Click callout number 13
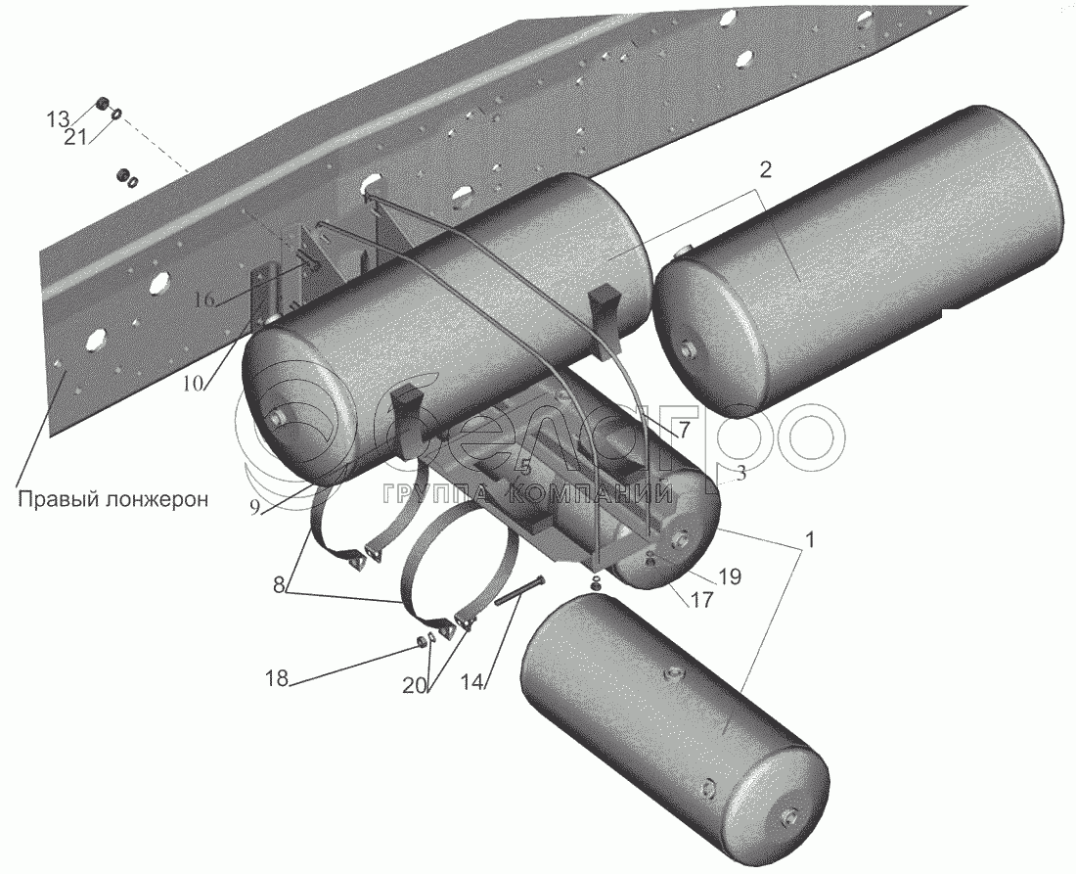[59, 119]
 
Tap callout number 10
[195, 383]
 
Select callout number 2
[765, 170]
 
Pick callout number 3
[740, 473]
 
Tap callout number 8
[278, 585]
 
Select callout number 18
[278, 679]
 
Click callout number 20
[415, 685]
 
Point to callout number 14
[473, 682]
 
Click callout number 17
[701, 599]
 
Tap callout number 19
[730, 576]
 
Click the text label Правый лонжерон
[112, 499]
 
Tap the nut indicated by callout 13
[102, 105]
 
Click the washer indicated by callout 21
[117, 114]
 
